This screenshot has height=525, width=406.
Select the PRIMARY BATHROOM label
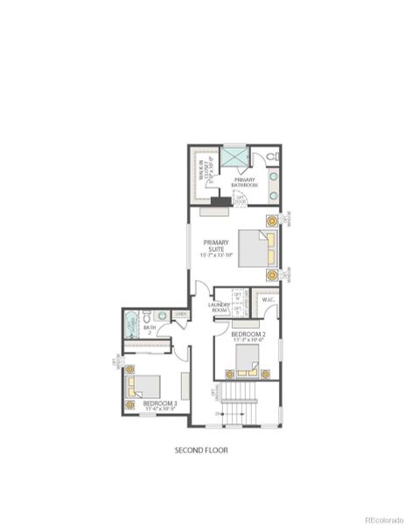(x=245, y=183)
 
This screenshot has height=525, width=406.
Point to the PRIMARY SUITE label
(x=216, y=249)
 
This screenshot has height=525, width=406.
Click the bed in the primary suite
(x=255, y=247)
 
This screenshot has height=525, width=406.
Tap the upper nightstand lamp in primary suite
(x=272, y=220)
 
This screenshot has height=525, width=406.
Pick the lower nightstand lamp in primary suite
(x=272, y=275)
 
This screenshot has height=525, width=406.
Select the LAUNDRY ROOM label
(x=219, y=308)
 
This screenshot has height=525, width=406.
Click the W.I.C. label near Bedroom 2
(x=268, y=300)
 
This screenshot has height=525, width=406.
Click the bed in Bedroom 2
(x=247, y=358)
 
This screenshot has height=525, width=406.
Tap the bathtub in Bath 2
(x=131, y=325)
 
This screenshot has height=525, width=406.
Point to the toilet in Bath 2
(x=147, y=316)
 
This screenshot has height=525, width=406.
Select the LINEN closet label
(x=180, y=314)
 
